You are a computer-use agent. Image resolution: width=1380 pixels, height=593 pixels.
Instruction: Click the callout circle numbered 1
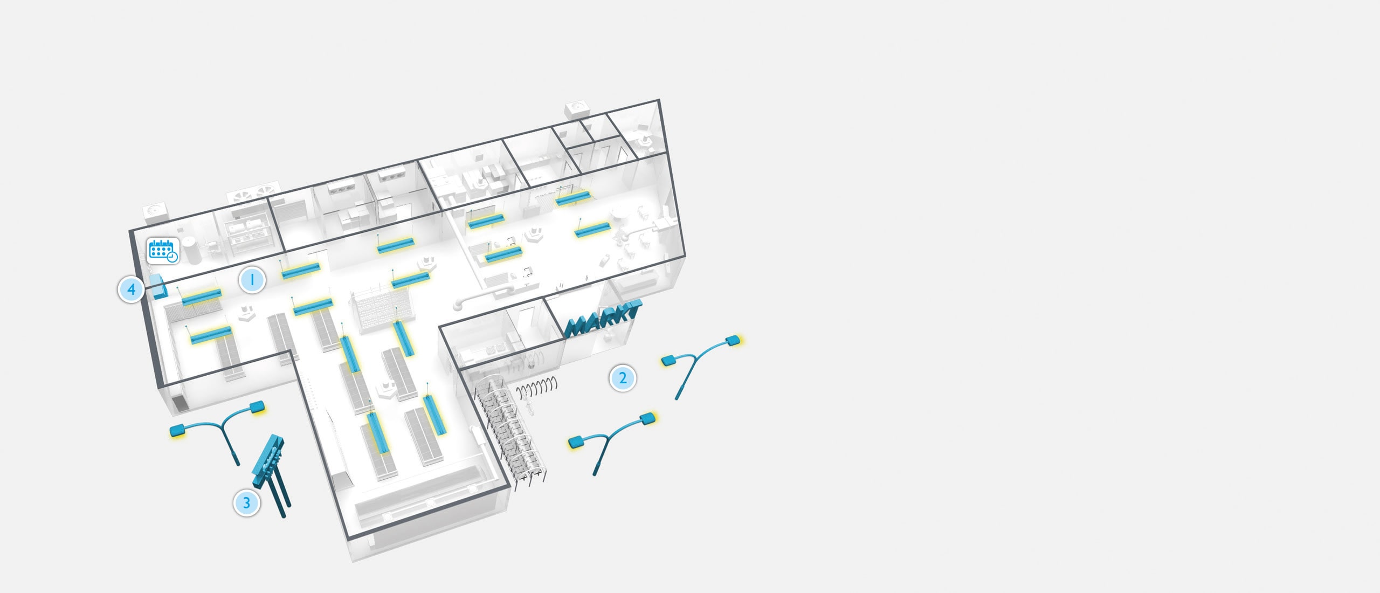(252, 279)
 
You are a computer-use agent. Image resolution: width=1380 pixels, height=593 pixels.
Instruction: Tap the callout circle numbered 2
(623, 378)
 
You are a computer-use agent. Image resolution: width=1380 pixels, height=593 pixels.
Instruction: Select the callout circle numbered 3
(246, 503)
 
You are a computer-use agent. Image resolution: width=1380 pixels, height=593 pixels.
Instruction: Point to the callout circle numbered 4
(131, 290)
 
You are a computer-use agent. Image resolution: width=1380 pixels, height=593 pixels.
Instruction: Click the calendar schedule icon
(163, 251)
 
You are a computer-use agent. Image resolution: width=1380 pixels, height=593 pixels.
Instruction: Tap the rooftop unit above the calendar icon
(156, 212)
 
